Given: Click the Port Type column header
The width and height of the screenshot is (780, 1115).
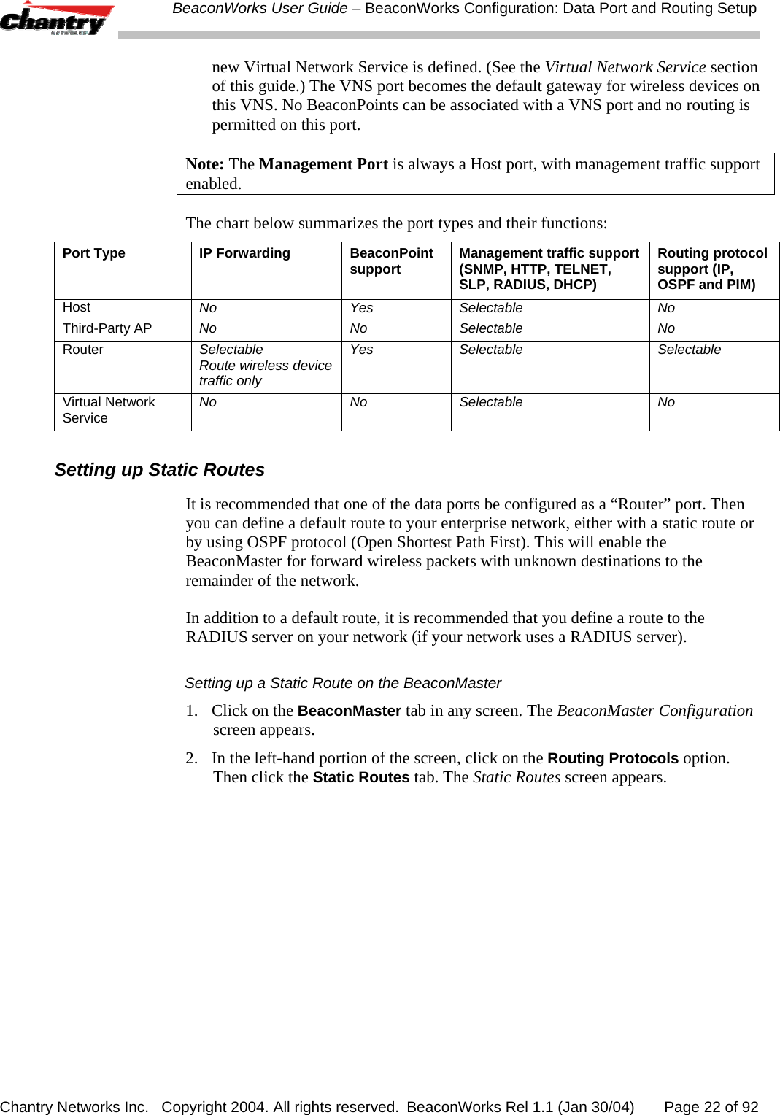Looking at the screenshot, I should point(93,253).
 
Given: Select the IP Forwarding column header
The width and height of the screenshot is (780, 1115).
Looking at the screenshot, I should point(244,253).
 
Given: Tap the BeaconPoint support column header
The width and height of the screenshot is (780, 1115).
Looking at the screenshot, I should point(391,261).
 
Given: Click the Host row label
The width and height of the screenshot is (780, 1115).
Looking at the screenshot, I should point(77,307).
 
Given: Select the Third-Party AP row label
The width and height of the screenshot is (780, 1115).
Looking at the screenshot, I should point(107,328).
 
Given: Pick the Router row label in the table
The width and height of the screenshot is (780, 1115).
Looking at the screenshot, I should point(82,350).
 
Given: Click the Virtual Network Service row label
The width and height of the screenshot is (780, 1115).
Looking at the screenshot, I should point(108,409).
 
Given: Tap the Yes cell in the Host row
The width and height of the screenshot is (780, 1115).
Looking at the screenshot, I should point(361,308).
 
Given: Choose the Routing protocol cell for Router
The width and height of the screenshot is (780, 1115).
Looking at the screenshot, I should point(689,350).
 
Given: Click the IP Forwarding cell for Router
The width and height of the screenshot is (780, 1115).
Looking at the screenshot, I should point(265,365).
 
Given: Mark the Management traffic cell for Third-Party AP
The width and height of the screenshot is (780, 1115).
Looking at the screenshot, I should point(490,328).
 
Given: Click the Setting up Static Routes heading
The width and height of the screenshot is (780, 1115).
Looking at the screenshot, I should point(159,469).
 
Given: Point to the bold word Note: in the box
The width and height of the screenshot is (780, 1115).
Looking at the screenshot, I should point(204,164).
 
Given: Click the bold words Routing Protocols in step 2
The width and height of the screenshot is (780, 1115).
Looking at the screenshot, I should point(612,758).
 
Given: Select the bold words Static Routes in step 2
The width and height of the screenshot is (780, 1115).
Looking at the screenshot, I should point(360,777).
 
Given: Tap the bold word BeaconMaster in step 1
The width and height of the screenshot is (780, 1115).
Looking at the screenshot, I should point(349,711).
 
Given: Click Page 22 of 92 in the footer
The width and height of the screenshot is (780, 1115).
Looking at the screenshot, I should point(711,1106).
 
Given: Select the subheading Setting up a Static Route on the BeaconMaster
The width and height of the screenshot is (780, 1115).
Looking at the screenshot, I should point(342,683).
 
